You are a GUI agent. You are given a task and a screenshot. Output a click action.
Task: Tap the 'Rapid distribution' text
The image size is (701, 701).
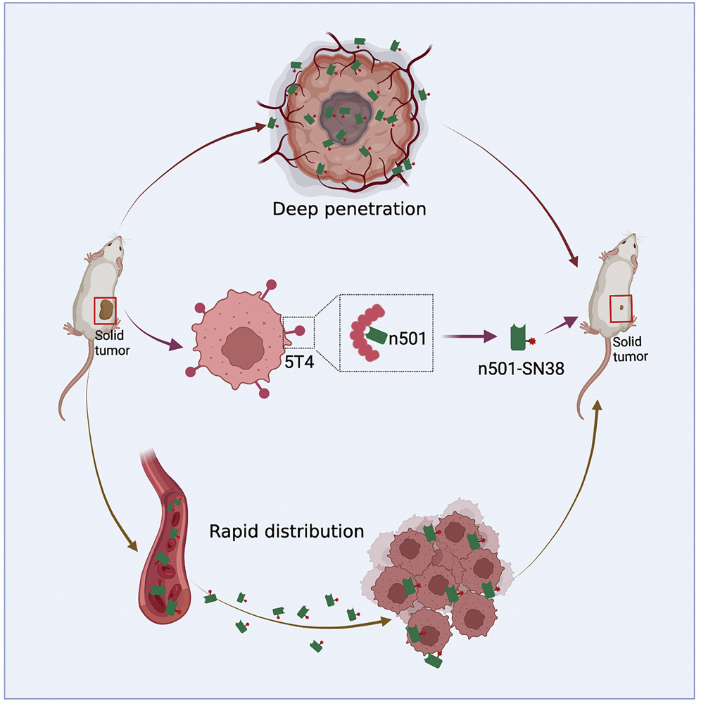pyautogui.click(x=286, y=530)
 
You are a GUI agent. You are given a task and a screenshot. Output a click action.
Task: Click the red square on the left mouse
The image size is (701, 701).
pyautogui.click(x=105, y=309)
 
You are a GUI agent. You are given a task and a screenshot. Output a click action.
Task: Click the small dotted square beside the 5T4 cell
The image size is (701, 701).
pyautogui.click(x=298, y=332)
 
